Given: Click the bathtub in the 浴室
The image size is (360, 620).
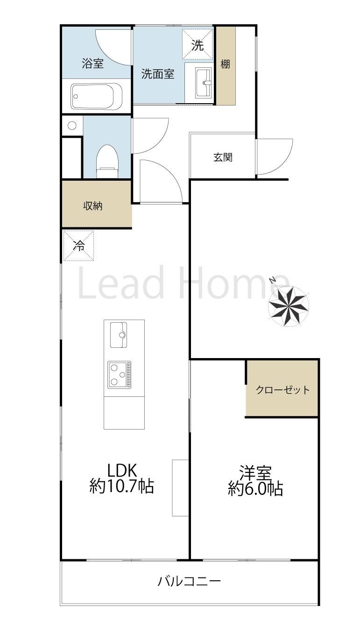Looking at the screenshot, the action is pyautogui.click(x=97, y=97).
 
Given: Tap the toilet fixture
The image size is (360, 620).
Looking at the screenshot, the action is pyautogui.click(x=107, y=162).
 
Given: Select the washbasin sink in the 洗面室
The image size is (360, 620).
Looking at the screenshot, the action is pyautogui.click(x=204, y=82).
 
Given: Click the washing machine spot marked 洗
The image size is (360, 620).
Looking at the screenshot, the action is pyautogui.click(x=198, y=44).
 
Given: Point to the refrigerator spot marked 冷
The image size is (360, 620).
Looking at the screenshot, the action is pyautogui.click(x=78, y=246).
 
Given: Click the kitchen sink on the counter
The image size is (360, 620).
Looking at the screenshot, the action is pyautogui.click(x=119, y=335).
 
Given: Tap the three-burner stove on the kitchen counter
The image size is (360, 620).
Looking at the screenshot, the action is pyautogui.click(x=119, y=374).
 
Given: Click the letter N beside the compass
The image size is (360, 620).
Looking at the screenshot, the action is pyautogui.click(x=273, y=280).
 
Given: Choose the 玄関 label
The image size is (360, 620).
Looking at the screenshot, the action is pyautogui.click(x=223, y=157).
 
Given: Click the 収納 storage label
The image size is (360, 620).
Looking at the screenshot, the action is pyautogui.click(x=93, y=205).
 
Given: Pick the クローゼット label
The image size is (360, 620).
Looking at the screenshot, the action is pyautogui.click(x=282, y=390).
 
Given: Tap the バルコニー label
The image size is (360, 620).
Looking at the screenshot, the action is pyautogui.click(x=189, y=581).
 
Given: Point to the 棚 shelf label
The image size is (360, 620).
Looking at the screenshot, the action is pyautogui.click(x=225, y=64).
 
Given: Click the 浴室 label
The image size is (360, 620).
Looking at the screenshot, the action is pyautogui.click(x=93, y=63).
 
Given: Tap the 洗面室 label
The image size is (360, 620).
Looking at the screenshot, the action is pyautogui.click(x=158, y=74).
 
